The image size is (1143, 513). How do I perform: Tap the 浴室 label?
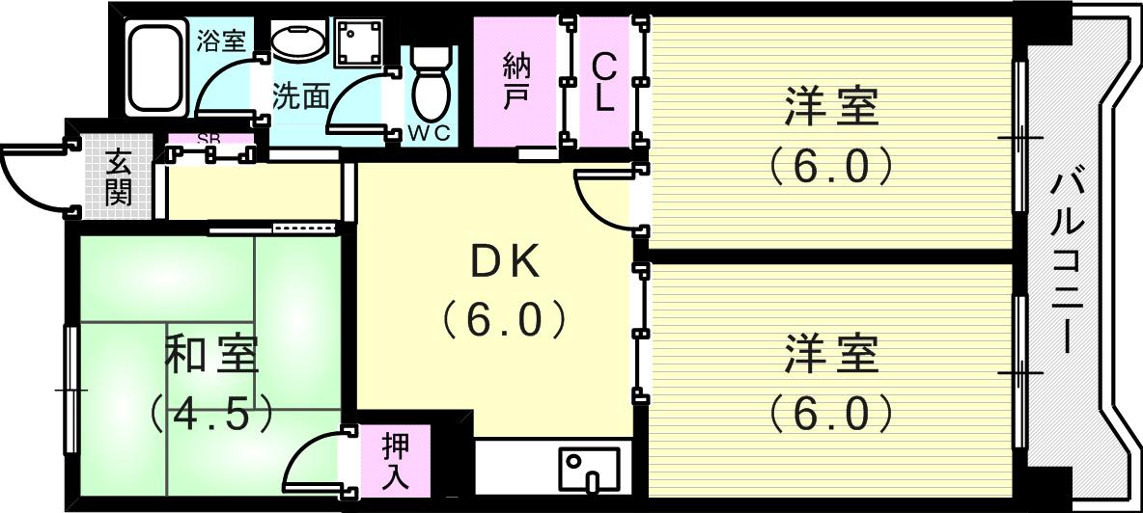221,40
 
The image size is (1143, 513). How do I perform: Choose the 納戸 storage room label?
516,83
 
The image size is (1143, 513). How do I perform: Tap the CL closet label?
604,83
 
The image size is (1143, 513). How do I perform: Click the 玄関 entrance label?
118,177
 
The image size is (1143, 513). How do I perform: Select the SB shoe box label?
209,139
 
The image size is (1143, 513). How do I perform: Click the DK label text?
503,262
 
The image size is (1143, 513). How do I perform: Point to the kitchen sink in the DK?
588,468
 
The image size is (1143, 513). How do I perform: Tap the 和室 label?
211,355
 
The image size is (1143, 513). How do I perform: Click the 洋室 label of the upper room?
830,107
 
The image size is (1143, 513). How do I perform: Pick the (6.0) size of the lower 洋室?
830,413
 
